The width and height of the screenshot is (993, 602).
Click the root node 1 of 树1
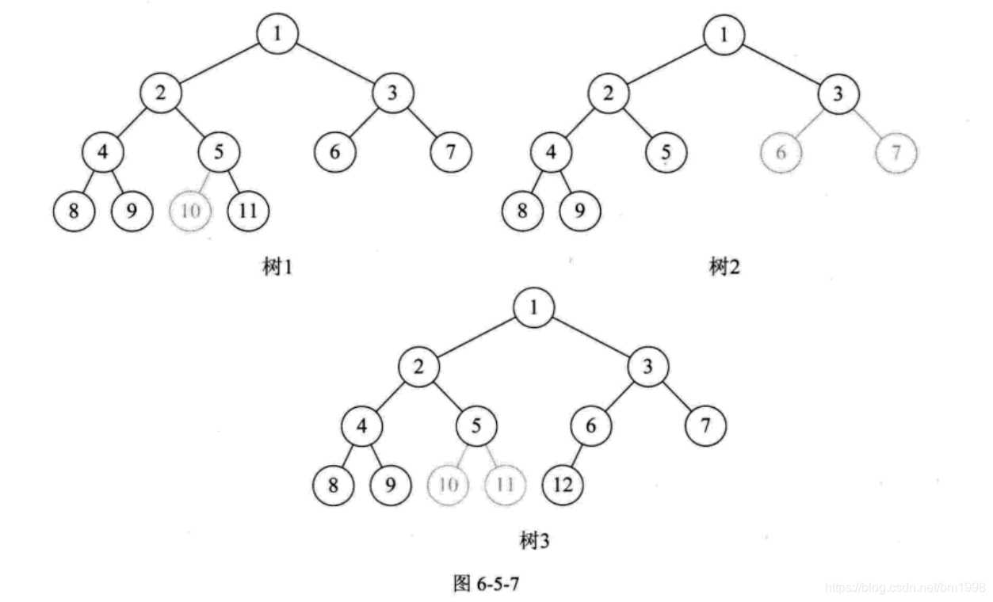point(277,33)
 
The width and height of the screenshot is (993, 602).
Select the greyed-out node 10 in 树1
point(189,211)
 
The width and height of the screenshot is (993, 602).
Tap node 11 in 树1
point(248,211)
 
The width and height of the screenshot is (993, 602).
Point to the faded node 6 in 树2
point(781,153)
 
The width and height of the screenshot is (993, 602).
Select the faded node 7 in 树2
point(896,153)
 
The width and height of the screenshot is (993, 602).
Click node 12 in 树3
point(563,485)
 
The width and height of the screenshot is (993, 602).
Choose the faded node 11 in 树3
point(504,485)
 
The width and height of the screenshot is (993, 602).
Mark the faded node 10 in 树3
point(448,485)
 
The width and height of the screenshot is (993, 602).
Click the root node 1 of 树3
point(533,307)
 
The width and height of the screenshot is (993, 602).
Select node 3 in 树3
point(648,366)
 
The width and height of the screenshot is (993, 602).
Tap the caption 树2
point(724,267)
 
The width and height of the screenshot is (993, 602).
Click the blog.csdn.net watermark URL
point(904,588)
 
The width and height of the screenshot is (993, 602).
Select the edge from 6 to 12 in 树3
point(578,455)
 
